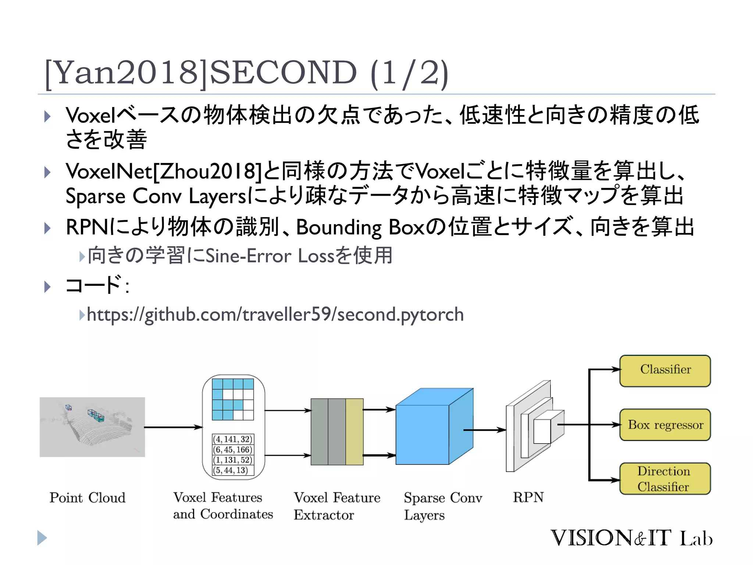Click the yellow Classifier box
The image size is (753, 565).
pyautogui.click(x=665, y=370)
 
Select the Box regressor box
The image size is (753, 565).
pyautogui.click(x=665, y=424)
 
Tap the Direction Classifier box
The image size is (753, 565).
pyautogui.click(x=665, y=479)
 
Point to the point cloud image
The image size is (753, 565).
pyautogui.click(x=92, y=427)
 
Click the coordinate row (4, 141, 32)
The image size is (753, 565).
pyautogui.click(x=233, y=439)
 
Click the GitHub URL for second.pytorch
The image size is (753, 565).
pyautogui.click(x=275, y=315)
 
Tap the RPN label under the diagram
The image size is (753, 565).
pyautogui.click(x=528, y=497)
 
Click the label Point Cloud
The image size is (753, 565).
pyautogui.click(x=88, y=498)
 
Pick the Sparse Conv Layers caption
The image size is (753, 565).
pyautogui.click(x=443, y=506)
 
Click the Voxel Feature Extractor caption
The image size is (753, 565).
pyautogui.click(x=337, y=506)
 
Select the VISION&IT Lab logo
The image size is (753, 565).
pyautogui.click(x=631, y=538)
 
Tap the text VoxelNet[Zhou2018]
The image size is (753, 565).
pyautogui.click(x=164, y=171)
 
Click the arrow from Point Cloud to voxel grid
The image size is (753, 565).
pyautogui.click(x=173, y=427)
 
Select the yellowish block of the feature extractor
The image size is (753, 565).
pyautogui.click(x=354, y=432)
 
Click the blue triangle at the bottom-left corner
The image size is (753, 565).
pyautogui.click(x=42, y=538)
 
